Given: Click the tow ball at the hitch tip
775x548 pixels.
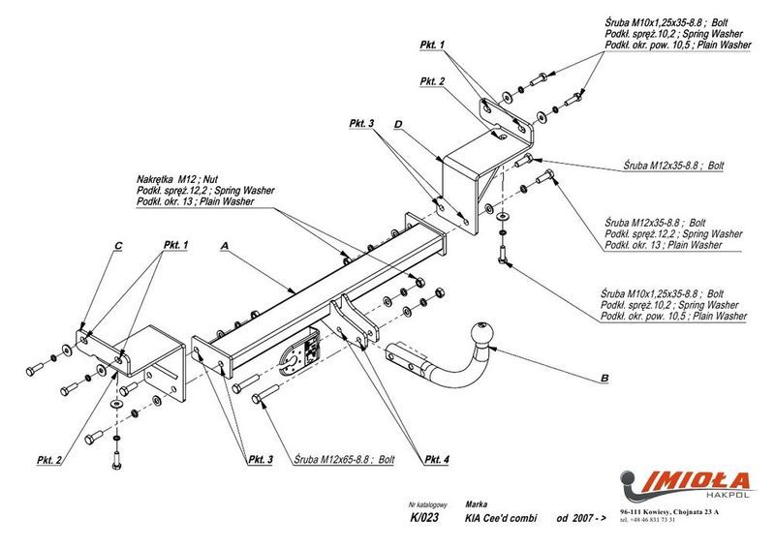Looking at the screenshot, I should [481, 334].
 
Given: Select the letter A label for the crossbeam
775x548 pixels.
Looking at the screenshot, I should [225, 247].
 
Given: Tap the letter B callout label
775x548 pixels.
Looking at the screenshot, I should [604, 377].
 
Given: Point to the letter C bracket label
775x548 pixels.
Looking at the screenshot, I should [117, 247].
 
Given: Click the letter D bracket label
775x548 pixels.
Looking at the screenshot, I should [398, 124].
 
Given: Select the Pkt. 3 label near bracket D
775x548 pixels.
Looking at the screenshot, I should [364, 123].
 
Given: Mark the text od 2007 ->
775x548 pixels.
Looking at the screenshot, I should [578, 518].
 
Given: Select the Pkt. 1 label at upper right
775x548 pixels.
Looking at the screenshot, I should [430, 46].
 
